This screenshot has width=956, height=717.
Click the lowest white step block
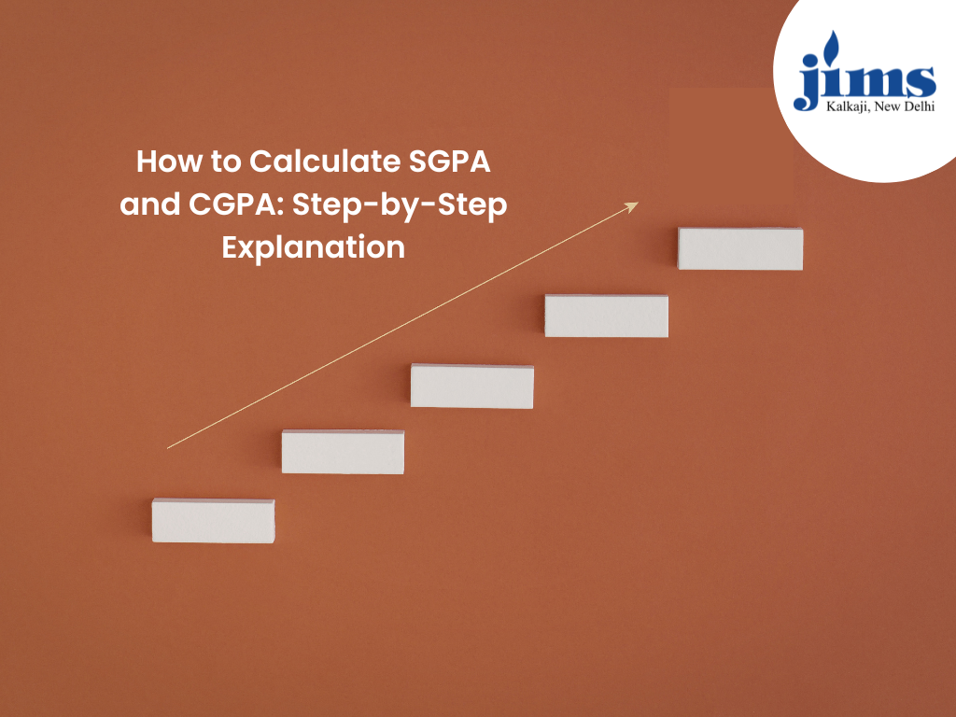point(213,521)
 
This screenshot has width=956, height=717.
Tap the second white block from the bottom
point(343,452)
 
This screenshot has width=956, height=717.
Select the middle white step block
point(472,387)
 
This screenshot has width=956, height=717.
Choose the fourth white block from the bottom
point(607,316)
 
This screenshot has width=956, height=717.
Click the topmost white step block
point(740,248)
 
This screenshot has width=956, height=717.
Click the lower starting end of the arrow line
point(169,447)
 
